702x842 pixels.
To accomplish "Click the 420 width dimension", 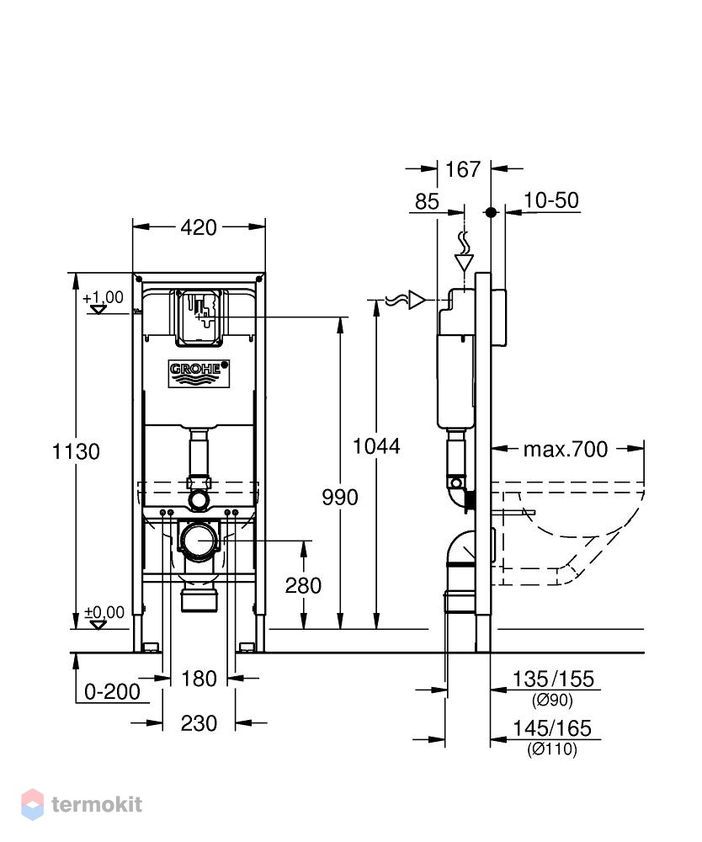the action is click(199, 227).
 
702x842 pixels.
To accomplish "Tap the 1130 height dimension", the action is click(76, 451).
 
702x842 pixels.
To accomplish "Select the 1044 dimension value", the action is click(376, 446).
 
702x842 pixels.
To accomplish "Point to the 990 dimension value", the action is click(340, 498).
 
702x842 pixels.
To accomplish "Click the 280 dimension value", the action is click(303, 585).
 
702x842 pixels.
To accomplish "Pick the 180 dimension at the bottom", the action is click(199, 679).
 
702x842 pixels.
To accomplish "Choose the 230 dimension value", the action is click(199, 723).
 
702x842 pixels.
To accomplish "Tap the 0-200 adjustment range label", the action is click(112, 691).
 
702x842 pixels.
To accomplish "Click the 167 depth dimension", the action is click(463, 170).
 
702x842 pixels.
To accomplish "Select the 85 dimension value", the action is click(427, 201).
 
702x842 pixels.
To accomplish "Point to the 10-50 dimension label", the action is click(551, 200).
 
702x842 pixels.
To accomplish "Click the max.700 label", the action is click(566, 449).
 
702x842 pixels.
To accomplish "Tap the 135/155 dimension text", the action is click(554, 679).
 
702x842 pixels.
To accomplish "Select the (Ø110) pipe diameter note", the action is click(552, 749).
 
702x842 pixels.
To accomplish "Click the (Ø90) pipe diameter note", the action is click(552, 701).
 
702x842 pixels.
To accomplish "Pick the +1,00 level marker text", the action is click(103, 297).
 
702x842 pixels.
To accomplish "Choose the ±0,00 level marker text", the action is click(104, 612).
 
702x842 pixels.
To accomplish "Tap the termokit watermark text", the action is click(97, 804).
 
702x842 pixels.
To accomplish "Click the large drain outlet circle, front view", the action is click(199, 541).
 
